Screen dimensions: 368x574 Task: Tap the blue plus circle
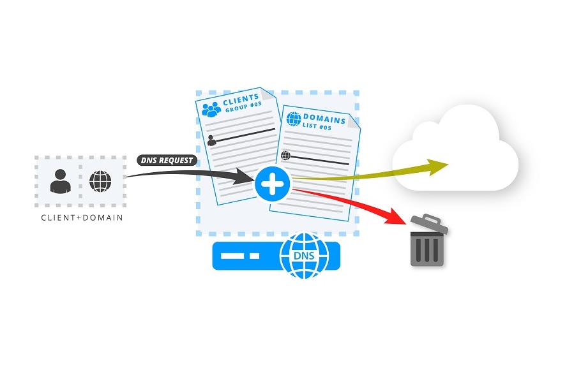pyautogui.click(x=273, y=184)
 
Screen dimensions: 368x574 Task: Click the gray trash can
pyautogui.click(x=427, y=246)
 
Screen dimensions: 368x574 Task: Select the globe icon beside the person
pyautogui.click(x=100, y=181)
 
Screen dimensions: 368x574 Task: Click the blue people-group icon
pyautogui.click(x=211, y=109)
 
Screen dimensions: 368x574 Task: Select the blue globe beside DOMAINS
pyautogui.click(x=294, y=119)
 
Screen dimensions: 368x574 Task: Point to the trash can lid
pyautogui.click(x=425, y=224)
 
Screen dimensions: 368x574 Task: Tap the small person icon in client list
pyautogui.click(x=211, y=141)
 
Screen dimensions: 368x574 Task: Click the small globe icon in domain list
pyautogui.click(x=285, y=155)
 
